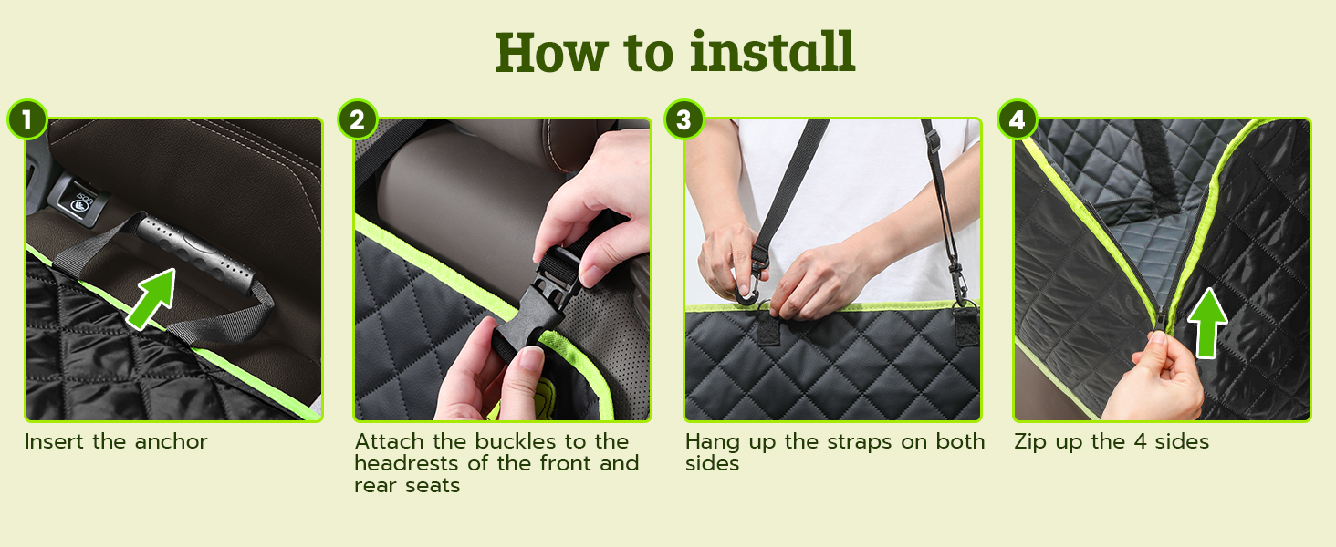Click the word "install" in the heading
pyautogui.click(x=772, y=53)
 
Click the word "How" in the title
pyautogui.click(x=551, y=53)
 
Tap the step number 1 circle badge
pyautogui.click(x=27, y=119)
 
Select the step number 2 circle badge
pyautogui.click(x=357, y=119)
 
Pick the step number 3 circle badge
pyautogui.click(x=684, y=119)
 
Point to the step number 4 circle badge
pyautogui.click(x=1017, y=119)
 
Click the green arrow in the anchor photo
pyautogui.click(x=152, y=298)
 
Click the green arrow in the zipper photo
pyautogui.click(x=1207, y=323)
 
